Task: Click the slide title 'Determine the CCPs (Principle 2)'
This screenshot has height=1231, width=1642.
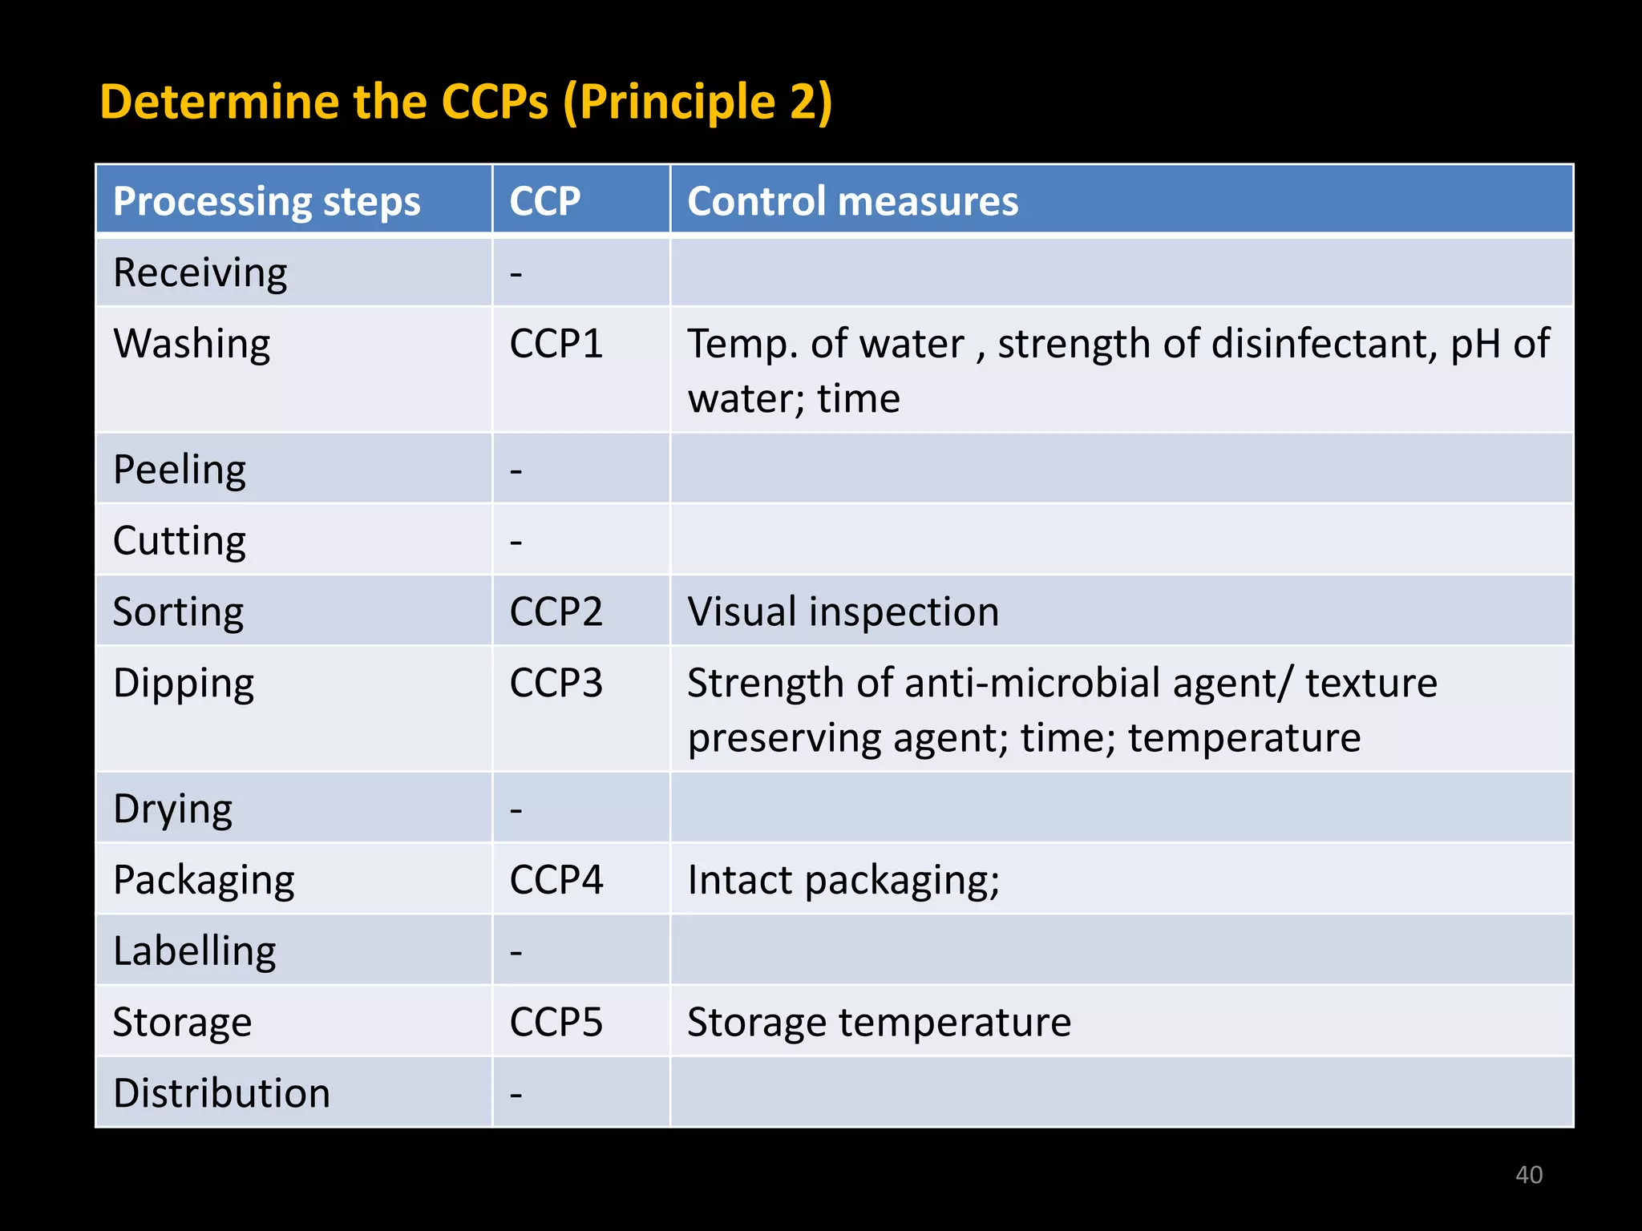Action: [x=466, y=102]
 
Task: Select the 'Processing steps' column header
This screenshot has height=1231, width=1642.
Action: [x=266, y=200]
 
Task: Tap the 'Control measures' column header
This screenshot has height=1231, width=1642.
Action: [x=852, y=200]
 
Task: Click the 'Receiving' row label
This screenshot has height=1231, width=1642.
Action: [x=200, y=272]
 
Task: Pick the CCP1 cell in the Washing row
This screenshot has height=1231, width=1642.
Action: [x=556, y=344]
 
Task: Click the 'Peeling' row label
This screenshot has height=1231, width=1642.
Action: [x=180, y=470]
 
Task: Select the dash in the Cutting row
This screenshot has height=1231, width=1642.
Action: [x=516, y=542]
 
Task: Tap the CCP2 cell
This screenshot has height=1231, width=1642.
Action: [x=556, y=611]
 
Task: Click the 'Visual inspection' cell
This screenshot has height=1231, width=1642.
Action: [x=843, y=611]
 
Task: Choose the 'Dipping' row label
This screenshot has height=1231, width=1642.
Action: [x=184, y=684]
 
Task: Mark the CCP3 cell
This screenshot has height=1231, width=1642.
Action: [x=556, y=684]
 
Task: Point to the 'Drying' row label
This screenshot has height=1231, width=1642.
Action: [x=173, y=809]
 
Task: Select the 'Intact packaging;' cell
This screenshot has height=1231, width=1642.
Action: [x=843, y=880]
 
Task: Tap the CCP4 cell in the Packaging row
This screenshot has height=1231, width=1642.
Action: [x=556, y=880]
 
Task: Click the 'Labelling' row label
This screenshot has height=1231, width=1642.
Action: [x=195, y=951]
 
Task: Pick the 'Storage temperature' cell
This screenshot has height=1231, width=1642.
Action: [x=879, y=1023]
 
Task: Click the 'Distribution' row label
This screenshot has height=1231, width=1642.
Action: [x=222, y=1093]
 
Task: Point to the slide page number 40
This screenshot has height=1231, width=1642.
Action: [x=1528, y=1175]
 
